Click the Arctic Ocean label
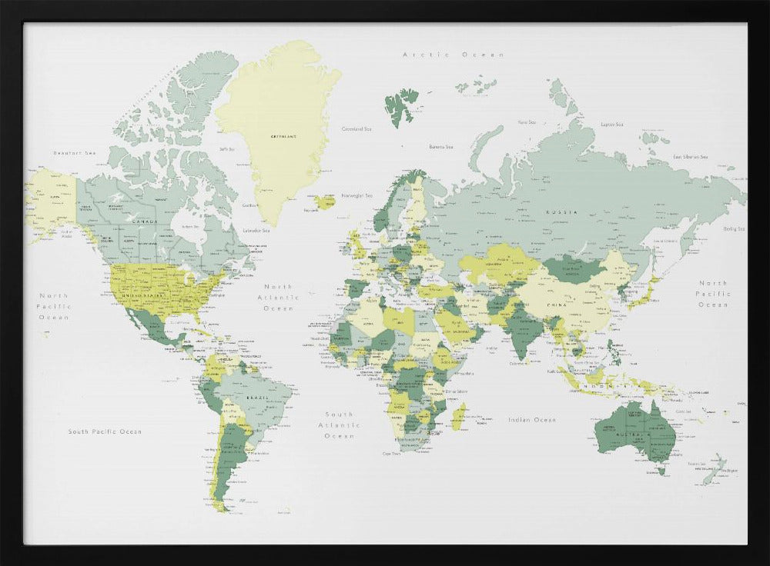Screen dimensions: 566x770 click(x=454, y=55)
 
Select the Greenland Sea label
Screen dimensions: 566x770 click(x=357, y=129)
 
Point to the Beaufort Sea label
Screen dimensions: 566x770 click(x=75, y=153)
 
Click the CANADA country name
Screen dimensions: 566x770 click(x=145, y=221)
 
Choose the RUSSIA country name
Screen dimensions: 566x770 click(x=557, y=211)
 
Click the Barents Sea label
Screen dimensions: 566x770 click(x=440, y=147)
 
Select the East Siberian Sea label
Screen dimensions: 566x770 click(x=690, y=157)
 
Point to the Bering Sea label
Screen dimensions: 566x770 click(x=734, y=228)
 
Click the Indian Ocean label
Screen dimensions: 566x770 click(x=531, y=420)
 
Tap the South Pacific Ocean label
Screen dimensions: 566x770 click(x=105, y=431)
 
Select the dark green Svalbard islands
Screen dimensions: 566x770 click(x=401, y=105)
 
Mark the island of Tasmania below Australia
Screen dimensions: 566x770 click(x=660, y=470)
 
